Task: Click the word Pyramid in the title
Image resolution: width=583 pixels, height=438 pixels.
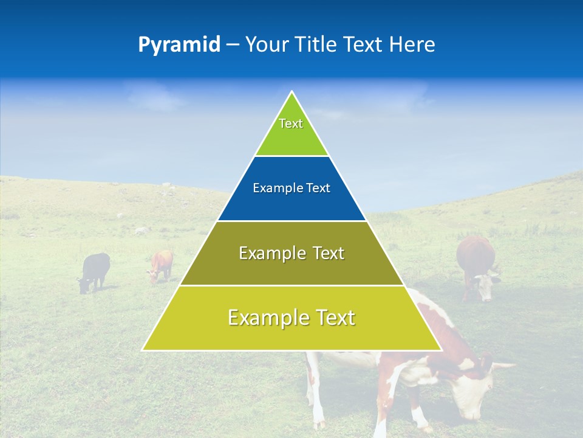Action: [179, 45]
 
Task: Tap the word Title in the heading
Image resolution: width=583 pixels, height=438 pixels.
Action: [317, 45]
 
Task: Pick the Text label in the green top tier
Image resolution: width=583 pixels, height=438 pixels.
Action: [291, 123]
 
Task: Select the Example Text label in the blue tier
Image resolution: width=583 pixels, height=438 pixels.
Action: [291, 189]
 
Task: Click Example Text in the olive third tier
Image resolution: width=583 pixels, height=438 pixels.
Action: [291, 253]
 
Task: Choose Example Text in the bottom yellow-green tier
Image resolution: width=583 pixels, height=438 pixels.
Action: [291, 318]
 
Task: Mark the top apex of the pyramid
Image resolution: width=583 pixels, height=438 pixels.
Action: [292, 92]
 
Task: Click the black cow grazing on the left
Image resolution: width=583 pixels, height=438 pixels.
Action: [96, 269]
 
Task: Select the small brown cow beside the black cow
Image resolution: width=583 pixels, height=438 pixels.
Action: [162, 265]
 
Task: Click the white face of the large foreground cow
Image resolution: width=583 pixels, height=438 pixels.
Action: [471, 392]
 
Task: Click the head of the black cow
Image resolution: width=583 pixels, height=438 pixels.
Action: [83, 284]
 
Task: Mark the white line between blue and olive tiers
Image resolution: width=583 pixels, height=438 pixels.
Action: [291, 221]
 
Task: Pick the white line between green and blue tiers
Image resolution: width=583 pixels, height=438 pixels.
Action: [291, 156]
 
